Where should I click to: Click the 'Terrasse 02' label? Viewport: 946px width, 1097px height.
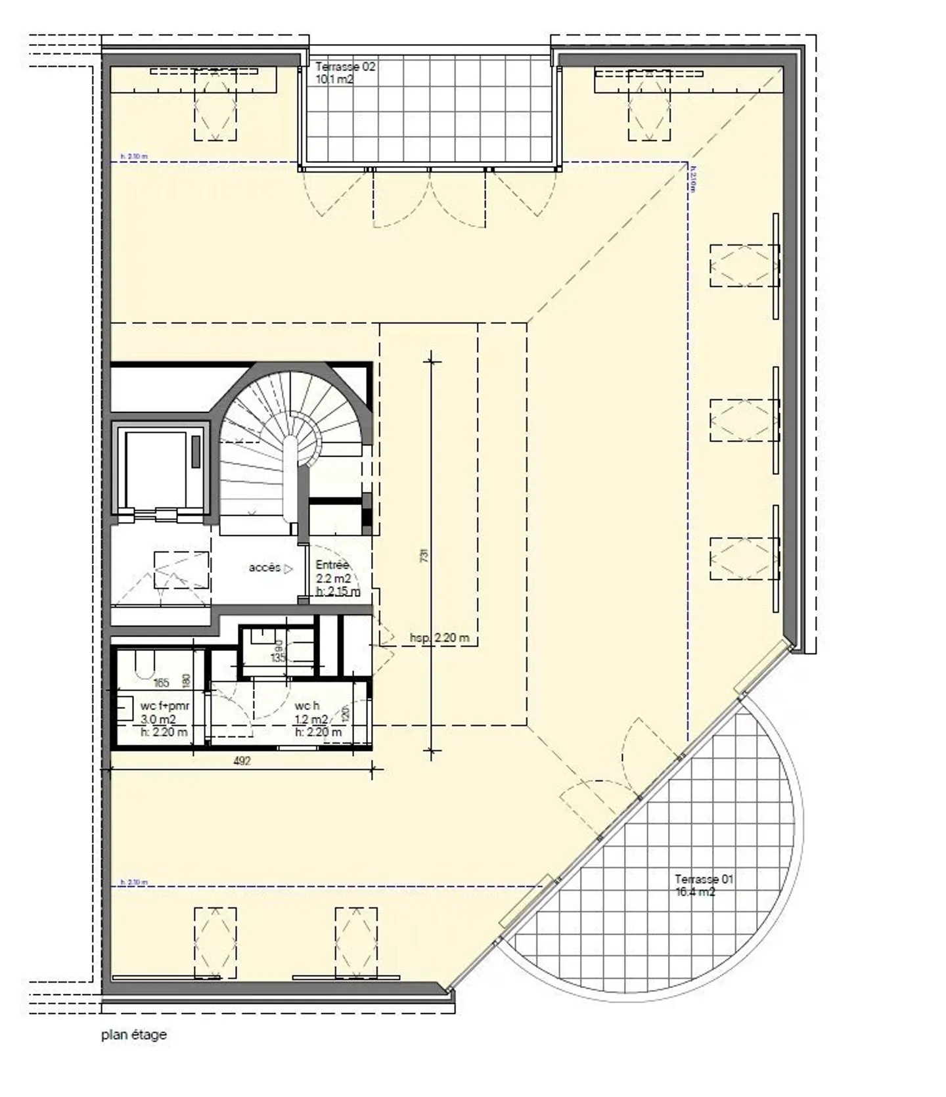click(x=345, y=67)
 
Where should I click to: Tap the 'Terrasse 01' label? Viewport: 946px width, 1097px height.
click(x=704, y=879)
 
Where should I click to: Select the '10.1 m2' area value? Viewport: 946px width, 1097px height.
click(x=334, y=79)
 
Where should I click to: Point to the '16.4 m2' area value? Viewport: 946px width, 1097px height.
click(x=695, y=892)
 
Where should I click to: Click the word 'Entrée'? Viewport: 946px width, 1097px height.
click(x=332, y=565)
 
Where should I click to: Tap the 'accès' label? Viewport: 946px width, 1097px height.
click(x=264, y=568)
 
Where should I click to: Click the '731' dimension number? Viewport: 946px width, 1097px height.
click(x=424, y=555)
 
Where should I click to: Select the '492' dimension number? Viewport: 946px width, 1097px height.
click(x=242, y=761)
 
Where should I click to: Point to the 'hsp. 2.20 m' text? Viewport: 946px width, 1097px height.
click(x=439, y=637)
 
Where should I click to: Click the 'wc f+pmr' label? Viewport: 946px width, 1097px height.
click(x=165, y=706)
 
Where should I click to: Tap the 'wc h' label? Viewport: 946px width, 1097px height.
click(x=307, y=705)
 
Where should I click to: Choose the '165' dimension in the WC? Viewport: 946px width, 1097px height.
click(x=161, y=683)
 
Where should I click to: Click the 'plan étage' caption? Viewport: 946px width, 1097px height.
click(x=134, y=1035)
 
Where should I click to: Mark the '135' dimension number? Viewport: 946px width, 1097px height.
click(x=279, y=658)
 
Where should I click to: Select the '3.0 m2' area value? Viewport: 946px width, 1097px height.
click(x=158, y=719)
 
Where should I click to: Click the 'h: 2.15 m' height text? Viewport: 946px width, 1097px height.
click(x=338, y=591)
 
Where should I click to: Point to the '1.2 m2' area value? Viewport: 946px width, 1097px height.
click(x=311, y=719)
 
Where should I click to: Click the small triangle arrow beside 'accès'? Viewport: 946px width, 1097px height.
click(x=288, y=569)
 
